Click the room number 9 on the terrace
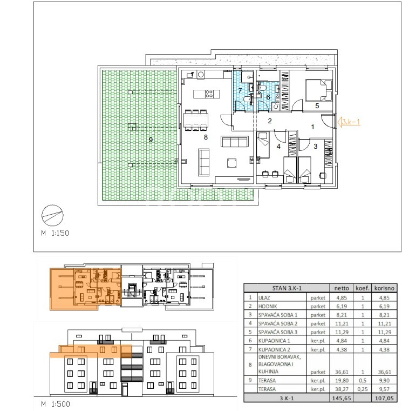(x=151, y=140)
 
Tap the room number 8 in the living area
(x=206, y=137)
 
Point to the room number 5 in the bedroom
(x=317, y=105)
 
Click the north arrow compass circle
(x=52, y=215)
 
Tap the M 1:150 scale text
(x=55, y=233)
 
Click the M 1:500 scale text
(x=56, y=403)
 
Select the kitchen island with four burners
(x=207, y=94)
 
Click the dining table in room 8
(x=196, y=120)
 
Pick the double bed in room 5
(x=319, y=90)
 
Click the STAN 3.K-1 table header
(x=287, y=288)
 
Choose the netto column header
(x=342, y=288)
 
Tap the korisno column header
(x=384, y=288)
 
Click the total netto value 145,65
(x=341, y=399)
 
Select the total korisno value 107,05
(x=384, y=399)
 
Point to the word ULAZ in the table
(x=264, y=298)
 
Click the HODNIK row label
(x=268, y=307)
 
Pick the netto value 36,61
(x=342, y=372)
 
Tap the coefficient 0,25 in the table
(x=363, y=389)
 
